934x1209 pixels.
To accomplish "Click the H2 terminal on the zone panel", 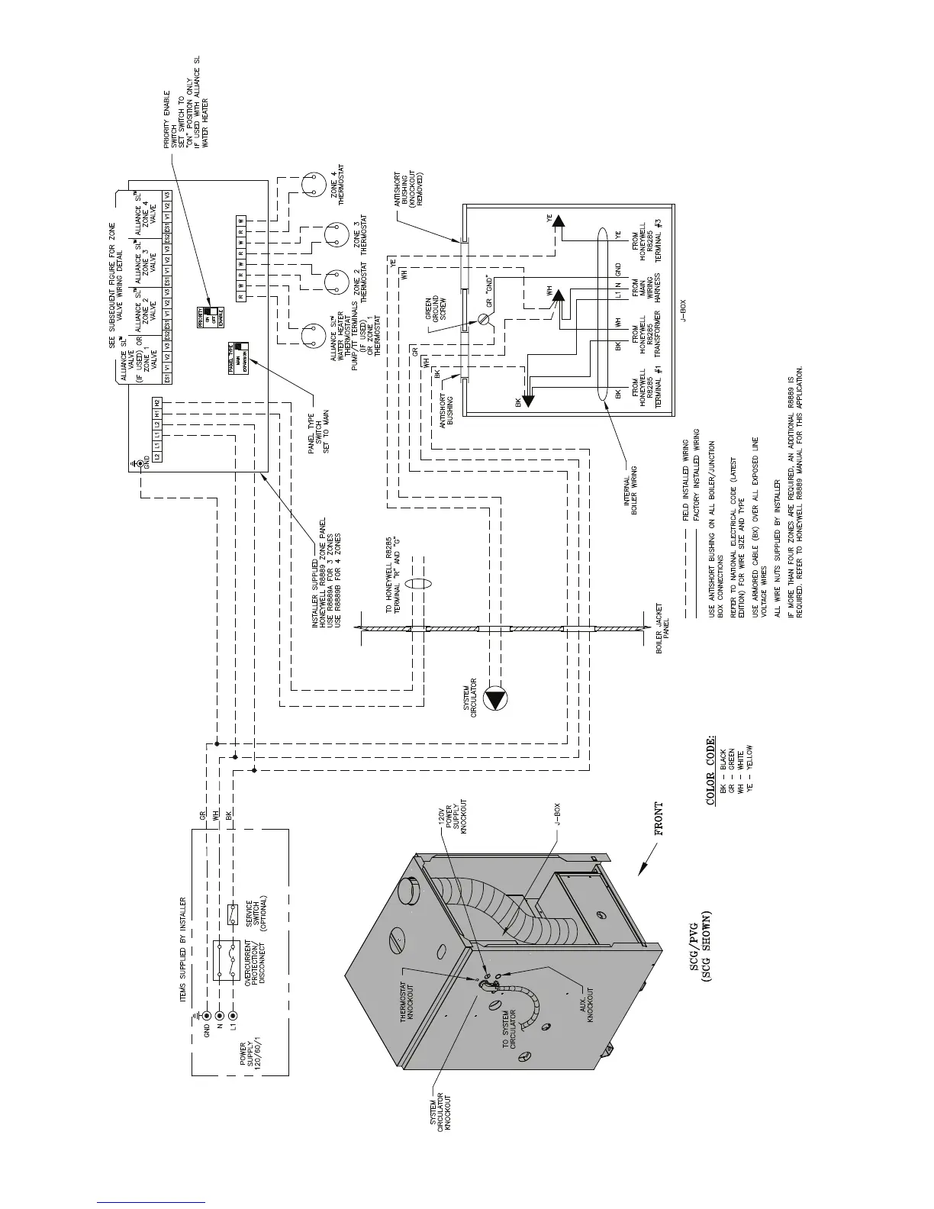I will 156,402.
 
